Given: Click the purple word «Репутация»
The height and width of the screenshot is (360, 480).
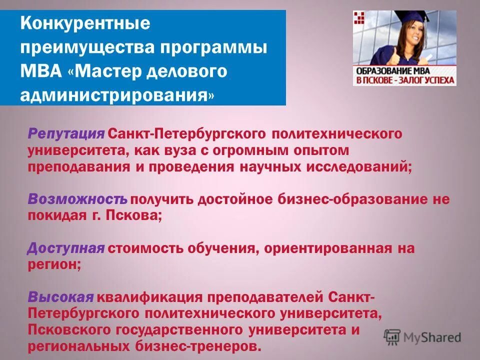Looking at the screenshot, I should [66, 134].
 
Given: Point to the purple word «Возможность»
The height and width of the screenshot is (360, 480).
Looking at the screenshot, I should [77, 199].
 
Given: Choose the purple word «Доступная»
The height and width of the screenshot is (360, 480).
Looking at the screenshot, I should [66, 248].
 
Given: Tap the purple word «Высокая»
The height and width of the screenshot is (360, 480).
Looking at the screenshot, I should [60, 297].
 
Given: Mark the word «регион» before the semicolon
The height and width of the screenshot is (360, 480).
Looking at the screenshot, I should [51, 265].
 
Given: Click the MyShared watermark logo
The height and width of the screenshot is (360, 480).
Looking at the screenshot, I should [422, 337].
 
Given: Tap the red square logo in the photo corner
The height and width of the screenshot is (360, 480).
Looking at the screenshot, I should [359, 18].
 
